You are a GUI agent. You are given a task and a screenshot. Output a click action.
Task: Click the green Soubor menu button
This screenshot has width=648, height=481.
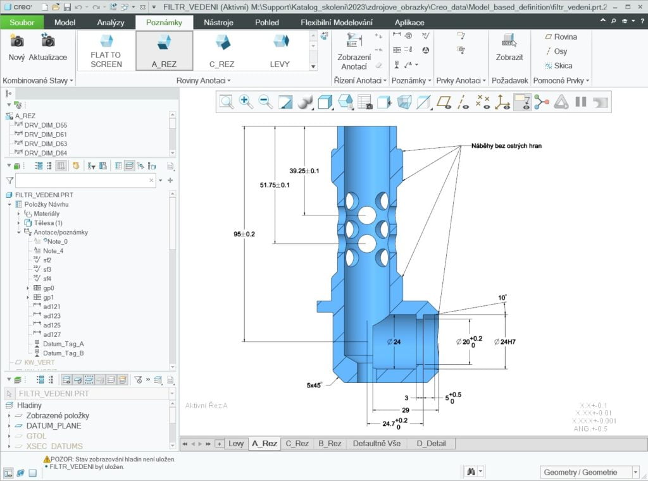(22, 22)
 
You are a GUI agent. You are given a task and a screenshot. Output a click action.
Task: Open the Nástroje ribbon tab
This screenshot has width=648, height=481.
(218, 22)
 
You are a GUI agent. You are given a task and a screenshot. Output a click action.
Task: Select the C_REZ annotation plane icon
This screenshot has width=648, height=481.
(222, 42)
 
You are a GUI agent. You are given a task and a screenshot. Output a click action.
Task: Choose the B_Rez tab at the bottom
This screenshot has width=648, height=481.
(330, 443)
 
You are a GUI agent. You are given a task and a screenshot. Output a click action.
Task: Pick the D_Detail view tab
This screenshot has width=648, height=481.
(431, 443)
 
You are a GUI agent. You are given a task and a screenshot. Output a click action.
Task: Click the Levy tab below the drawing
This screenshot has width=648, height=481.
(236, 443)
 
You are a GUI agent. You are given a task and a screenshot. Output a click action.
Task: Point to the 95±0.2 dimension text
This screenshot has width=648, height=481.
(244, 234)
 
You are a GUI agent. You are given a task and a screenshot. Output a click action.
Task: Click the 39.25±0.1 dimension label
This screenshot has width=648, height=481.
(304, 171)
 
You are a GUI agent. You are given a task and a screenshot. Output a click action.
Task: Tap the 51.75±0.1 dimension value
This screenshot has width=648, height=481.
(275, 185)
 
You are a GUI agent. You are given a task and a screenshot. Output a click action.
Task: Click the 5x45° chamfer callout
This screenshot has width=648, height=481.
(314, 384)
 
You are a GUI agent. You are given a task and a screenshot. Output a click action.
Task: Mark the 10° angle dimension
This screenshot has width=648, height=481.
(502, 298)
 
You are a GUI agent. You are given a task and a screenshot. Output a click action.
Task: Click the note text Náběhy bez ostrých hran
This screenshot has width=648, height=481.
(506, 146)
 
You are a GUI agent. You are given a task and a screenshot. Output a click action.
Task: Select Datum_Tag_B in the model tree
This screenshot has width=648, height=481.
(63, 353)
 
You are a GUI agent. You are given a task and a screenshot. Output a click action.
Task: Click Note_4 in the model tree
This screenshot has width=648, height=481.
(53, 251)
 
